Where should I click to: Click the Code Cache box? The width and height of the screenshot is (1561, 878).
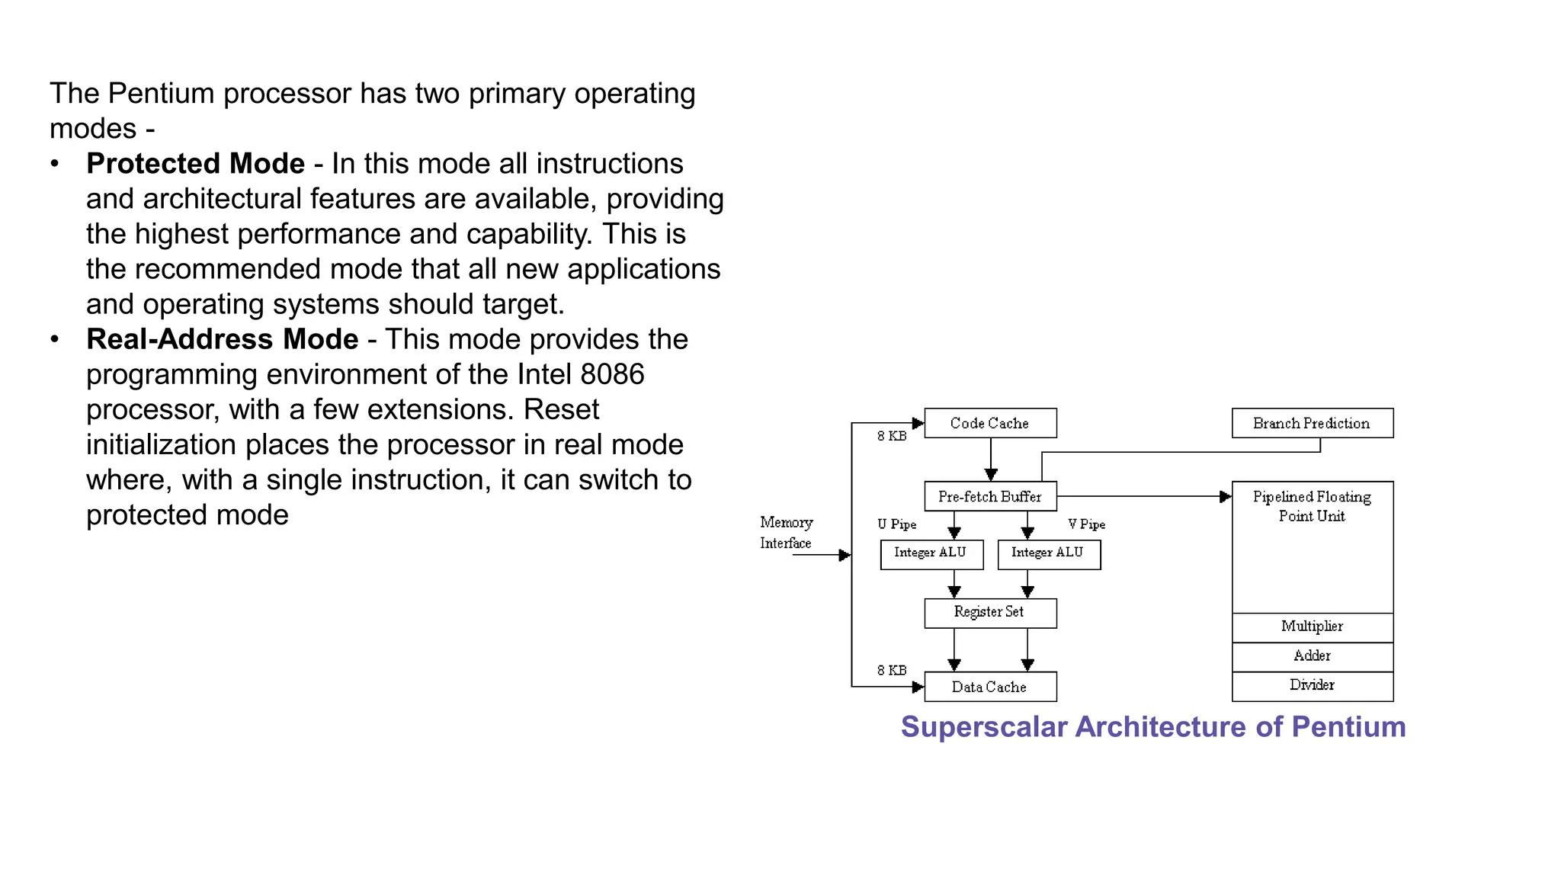click(989, 423)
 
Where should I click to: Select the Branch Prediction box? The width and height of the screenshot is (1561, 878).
click(1312, 423)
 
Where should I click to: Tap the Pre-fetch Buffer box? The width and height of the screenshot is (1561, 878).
click(989, 496)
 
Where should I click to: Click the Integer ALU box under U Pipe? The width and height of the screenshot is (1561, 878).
click(931, 553)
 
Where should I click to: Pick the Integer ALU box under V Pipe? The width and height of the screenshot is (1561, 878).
click(1048, 553)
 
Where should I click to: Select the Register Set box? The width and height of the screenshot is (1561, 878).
click(989, 612)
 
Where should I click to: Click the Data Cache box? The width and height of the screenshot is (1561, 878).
click(989, 687)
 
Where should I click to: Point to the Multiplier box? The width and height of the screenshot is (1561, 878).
click(1312, 626)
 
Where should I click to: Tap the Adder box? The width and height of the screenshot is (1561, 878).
click(1312, 656)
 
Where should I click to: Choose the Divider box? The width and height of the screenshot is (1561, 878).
click(1312, 685)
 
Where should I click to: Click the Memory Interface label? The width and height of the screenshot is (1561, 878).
click(786, 532)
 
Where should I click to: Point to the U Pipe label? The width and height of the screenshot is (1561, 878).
click(896, 524)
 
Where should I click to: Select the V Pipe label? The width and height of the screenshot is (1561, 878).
click(1086, 524)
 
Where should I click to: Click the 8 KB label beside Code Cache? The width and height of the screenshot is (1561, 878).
click(891, 436)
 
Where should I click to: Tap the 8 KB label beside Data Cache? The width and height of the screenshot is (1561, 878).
click(891, 670)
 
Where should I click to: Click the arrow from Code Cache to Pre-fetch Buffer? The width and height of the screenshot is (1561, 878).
click(991, 460)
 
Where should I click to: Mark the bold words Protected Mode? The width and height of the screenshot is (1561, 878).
click(195, 164)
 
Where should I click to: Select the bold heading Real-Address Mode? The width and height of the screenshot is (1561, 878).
click(222, 339)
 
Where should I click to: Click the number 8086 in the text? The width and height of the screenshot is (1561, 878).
click(611, 374)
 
